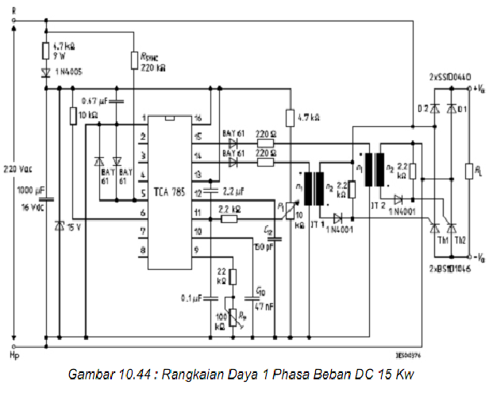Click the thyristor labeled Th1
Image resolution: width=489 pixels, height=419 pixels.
coord(434,229)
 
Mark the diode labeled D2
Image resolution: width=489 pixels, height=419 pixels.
coord(434,108)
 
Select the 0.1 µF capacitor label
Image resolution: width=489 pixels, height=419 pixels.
coord(191,299)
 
